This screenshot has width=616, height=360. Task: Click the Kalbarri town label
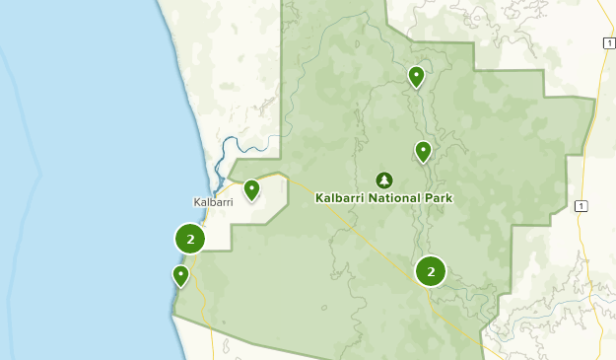click(x=213, y=202)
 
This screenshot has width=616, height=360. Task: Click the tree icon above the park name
click(x=383, y=180)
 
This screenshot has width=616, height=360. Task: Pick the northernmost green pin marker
click(x=416, y=75)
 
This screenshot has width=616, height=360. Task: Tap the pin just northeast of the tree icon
click(x=423, y=151)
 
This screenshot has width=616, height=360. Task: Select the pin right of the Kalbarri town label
click(x=251, y=187)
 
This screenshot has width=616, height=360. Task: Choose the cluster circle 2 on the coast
click(x=189, y=238)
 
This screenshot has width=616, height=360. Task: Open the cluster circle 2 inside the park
click(x=431, y=270)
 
